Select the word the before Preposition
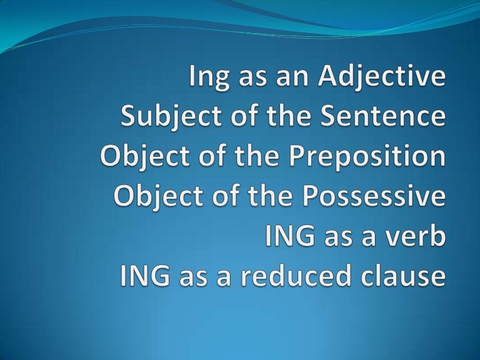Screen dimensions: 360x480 (x=274, y=157)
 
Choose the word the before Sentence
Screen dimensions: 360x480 (x=266, y=117)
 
